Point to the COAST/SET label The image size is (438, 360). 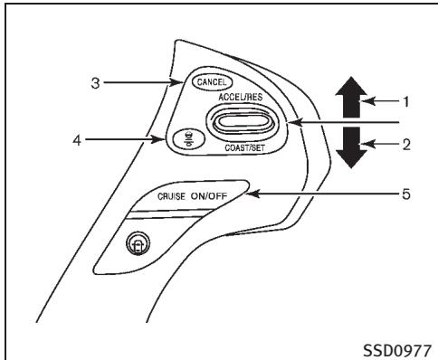click(238, 152)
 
